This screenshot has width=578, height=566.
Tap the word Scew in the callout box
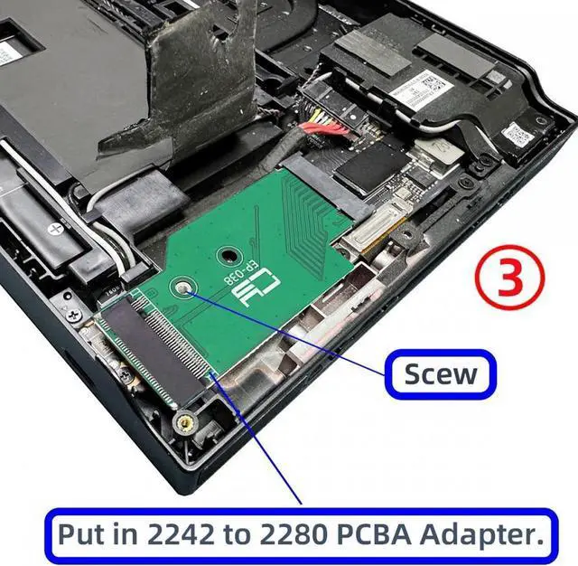441,374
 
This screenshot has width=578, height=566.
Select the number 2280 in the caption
298,533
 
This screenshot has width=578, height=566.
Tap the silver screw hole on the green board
184,288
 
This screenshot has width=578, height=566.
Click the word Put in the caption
80,533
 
